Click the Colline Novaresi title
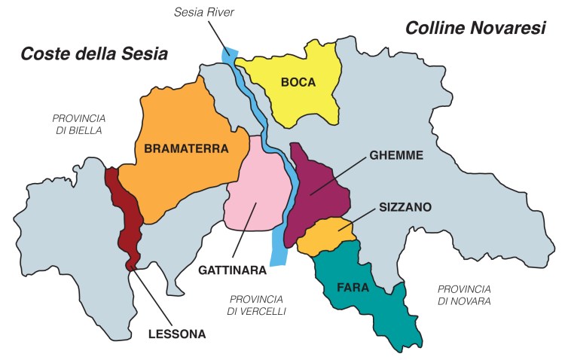tap(475, 28)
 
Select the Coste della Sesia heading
tap(93, 54)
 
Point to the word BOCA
tap(298, 82)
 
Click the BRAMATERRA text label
tap(185, 149)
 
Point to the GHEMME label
tap(397, 155)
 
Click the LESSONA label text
tap(176, 332)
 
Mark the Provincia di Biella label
tap(78, 124)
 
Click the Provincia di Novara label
tap(464, 294)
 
